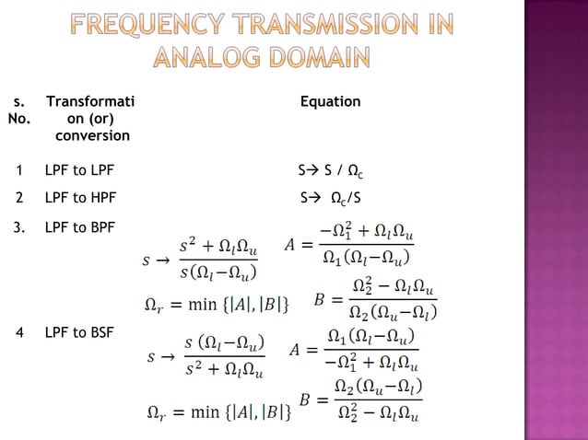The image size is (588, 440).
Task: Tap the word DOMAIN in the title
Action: coord(309,59)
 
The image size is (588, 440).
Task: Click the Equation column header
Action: coord(330,101)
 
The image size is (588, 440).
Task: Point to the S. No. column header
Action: coord(19,110)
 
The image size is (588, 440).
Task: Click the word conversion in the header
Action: coord(88,135)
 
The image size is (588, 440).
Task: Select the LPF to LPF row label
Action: coord(79,170)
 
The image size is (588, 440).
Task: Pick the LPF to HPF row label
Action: coord(80,197)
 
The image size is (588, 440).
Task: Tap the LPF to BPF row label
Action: coord(79,226)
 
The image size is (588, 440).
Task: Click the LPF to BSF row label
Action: coord(79,331)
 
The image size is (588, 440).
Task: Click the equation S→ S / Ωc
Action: coord(332,171)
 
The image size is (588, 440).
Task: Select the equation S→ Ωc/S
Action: coord(331,198)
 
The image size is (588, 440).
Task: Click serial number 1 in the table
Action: coord(18,170)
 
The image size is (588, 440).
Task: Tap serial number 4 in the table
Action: coord(18,331)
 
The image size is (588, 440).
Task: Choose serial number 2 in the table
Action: coord(18,197)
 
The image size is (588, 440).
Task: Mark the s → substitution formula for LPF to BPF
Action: coord(199,260)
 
